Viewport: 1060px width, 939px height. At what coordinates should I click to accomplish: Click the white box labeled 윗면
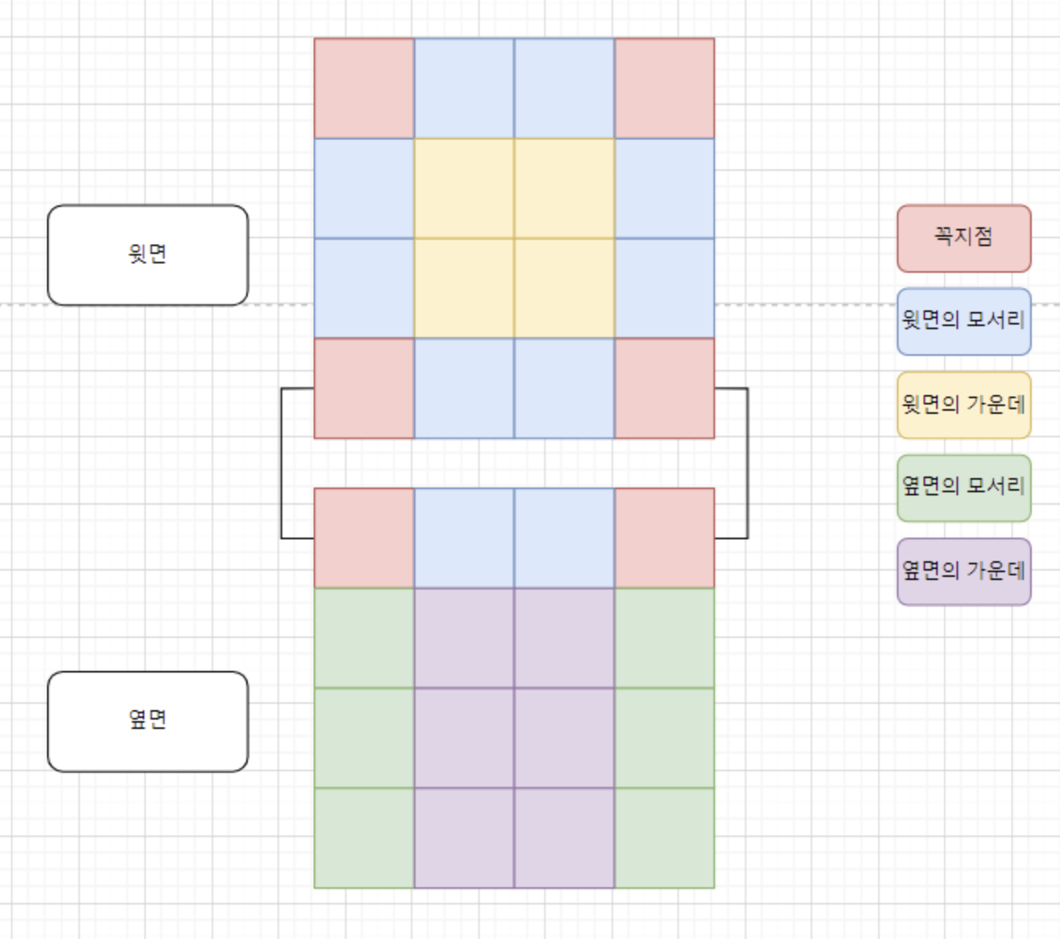click(147, 255)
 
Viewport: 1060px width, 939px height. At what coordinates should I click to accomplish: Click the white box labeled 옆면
click(147, 721)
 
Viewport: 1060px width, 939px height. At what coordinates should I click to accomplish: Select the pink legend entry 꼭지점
click(964, 238)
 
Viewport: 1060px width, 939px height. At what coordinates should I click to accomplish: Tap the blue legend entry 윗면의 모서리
click(964, 321)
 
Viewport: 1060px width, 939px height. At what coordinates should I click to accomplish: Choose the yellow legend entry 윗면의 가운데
click(964, 405)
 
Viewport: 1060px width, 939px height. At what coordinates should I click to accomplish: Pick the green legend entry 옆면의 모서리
click(964, 488)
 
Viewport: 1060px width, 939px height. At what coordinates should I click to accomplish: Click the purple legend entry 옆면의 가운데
click(964, 571)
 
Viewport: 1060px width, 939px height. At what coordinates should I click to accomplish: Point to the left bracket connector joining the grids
click(282, 462)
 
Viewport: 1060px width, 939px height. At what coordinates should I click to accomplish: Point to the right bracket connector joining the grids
click(746, 462)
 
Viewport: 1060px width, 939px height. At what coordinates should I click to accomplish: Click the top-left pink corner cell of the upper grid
click(364, 89)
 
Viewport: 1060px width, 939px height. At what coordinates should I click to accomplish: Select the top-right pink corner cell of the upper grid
click(665, 89)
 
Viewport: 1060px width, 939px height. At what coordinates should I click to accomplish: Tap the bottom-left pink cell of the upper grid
click(364, 388)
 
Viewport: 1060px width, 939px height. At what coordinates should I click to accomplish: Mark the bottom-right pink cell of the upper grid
click(665, 388)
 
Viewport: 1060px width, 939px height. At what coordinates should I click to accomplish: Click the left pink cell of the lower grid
click(364, 538)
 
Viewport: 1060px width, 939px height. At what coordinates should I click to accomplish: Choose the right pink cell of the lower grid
click(665, 538)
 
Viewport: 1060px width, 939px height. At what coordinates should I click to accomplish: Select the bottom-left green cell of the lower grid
click(364, 838)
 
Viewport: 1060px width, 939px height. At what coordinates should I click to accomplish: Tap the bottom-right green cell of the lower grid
click(665, 838)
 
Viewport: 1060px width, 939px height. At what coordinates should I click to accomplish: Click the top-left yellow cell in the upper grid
click(464, 188)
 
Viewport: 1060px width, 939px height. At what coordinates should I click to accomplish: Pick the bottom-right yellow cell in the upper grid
click(564, 288)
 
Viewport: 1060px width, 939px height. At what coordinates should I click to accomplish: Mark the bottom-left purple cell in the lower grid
click(464, 838)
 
